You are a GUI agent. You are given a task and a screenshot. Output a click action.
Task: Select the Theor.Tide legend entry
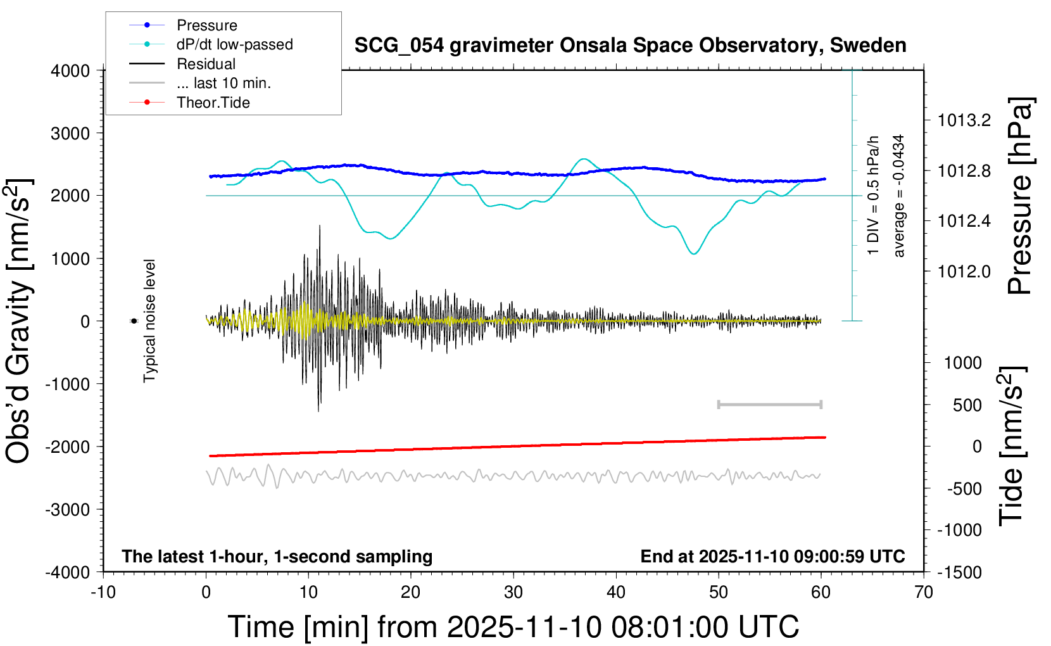pos(213,103)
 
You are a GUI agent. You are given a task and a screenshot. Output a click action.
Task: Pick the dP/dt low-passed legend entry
pos(234,44)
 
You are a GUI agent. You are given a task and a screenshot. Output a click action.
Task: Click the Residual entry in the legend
pos(206,64)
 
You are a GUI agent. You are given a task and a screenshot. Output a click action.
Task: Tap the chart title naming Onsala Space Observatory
pos(630,46)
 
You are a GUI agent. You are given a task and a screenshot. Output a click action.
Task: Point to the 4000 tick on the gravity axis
pos(71,71)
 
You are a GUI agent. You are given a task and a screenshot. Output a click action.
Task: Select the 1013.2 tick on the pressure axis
pos(964,120)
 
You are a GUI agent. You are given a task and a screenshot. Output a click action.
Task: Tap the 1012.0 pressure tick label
pos(964,272)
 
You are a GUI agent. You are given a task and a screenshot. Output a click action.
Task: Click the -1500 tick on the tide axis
pos(960,572)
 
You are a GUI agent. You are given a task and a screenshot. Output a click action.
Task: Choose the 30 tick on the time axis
pos(513,593)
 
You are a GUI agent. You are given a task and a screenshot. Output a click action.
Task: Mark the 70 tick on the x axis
pos(924,593)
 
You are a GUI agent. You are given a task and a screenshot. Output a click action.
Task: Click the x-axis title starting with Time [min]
pos(513,627)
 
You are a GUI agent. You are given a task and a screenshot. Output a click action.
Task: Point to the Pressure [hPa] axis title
pos(1021,196)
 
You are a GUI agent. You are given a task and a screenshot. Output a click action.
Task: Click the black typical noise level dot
pos(134,321)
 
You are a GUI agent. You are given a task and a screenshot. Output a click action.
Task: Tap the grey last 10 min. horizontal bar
pos(770,404)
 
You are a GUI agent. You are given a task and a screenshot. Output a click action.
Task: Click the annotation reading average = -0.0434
pos(899,196)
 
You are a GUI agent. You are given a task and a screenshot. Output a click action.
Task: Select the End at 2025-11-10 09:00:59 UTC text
pos(772,556)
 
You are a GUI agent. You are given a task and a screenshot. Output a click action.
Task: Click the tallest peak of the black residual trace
pos(320,226)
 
